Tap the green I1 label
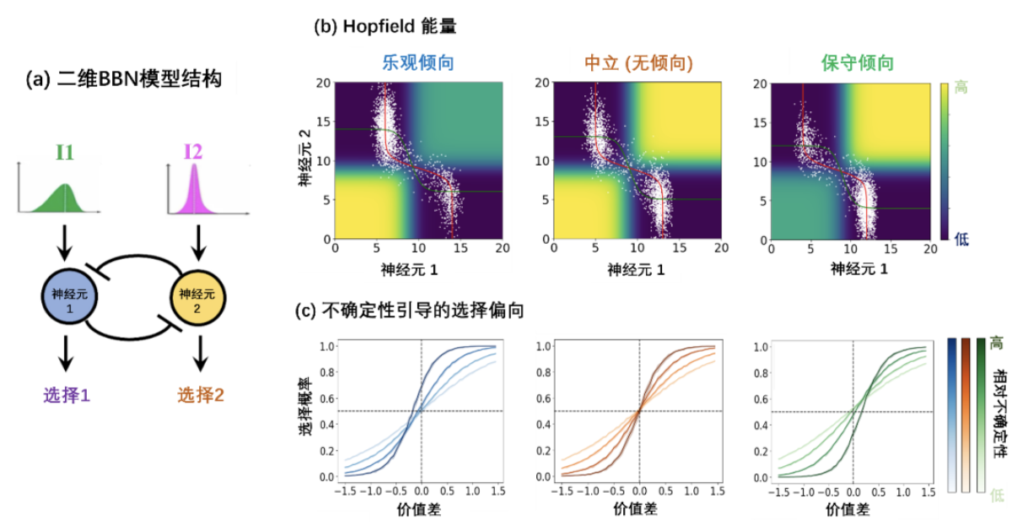(x=65, y=152)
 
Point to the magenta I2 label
(x=194, y=152)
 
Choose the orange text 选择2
(x=200, y=393)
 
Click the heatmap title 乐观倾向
(x=417, y=63)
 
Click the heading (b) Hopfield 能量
(x=385, y=26)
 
